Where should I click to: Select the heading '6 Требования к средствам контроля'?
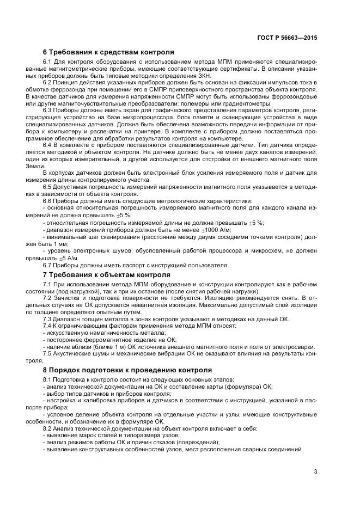tap(108, 52)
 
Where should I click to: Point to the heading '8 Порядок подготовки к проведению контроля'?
tap(127, 370)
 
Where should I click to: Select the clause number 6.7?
tap(47, 265)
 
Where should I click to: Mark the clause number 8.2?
tap(47, 428)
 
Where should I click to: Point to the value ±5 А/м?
tap(69, 258)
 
